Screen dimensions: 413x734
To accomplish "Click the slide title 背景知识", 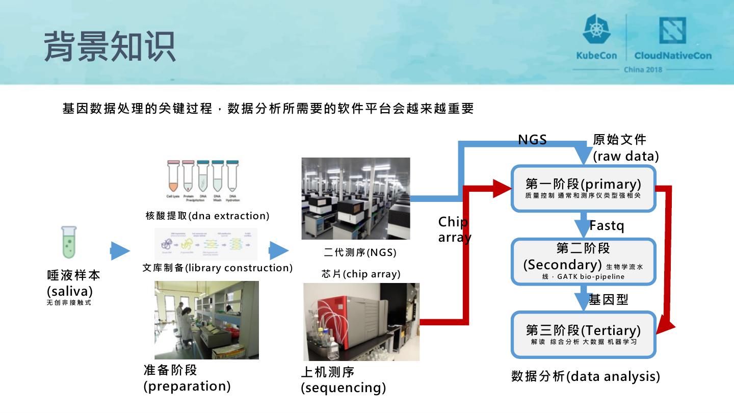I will click(x=110, y=46).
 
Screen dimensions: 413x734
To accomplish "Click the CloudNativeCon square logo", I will click(x=672, y=31).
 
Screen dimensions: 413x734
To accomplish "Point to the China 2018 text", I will click(x=643, y=69).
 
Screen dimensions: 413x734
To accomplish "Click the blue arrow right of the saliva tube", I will click(x=120, y=251).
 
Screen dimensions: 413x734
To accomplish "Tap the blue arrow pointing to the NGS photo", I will click(x=278, y=250).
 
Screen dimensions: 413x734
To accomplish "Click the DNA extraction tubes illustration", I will click(x=203, y=181).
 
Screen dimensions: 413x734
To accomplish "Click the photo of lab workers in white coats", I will click(x=206, y=320).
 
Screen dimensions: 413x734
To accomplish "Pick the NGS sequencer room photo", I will click(x=355, y=198).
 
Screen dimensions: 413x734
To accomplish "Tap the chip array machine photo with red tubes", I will click(x=361, y=322).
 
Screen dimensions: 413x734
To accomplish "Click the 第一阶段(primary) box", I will click(x=583, y=188).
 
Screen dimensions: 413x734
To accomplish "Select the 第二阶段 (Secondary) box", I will click(x=583, y=262).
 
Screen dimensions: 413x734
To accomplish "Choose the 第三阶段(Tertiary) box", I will click(x=583, y=334).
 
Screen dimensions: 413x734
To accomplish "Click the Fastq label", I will click(x=607, y=225).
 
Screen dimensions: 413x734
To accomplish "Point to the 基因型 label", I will click(x=609, y=299).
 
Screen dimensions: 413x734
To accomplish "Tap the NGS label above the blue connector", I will click(x=532, y=140).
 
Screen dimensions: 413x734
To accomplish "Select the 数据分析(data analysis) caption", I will click(x=585, y=377).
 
